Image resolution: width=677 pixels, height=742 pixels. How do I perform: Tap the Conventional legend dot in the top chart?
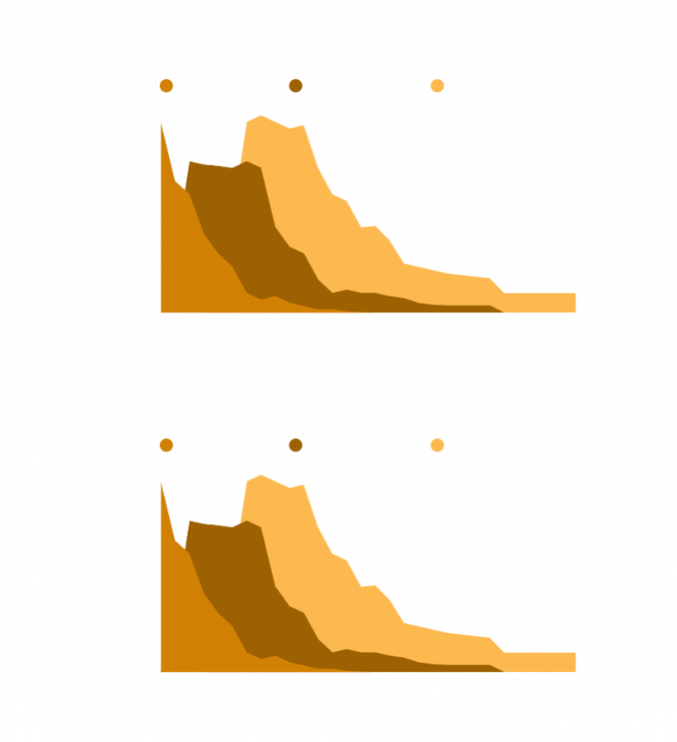167,86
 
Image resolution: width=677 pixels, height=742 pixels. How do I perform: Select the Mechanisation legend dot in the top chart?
297,86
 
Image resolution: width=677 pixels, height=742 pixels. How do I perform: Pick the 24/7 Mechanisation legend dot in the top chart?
438,86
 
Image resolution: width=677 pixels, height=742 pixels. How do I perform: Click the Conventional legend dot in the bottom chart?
167,446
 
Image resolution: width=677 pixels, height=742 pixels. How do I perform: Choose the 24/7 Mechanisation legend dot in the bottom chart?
438,446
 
